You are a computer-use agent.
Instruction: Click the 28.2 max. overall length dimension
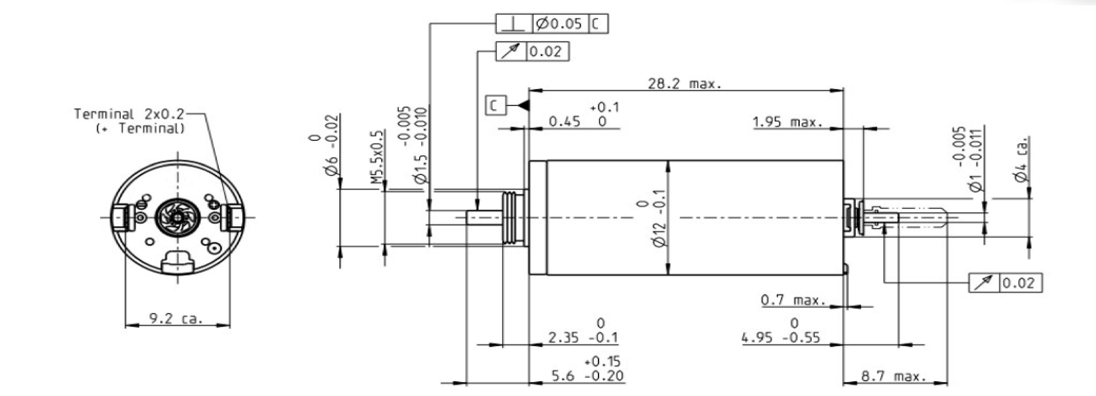coord(684,84)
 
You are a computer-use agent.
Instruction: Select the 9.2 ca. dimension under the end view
coord(176,318)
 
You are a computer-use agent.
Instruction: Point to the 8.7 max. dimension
coord(893,376)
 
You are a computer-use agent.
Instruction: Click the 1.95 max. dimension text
coord(787,122)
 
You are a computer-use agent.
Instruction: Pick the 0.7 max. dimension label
coord(793,300)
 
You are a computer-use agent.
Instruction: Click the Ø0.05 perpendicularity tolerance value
coord(559,24)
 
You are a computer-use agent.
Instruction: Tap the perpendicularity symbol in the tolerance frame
coord(514,24)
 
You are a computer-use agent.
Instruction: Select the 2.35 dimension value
coord(563,338)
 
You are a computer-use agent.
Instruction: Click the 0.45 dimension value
coord(564,122)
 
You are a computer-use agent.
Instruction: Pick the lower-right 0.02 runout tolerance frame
coord(1005,283)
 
